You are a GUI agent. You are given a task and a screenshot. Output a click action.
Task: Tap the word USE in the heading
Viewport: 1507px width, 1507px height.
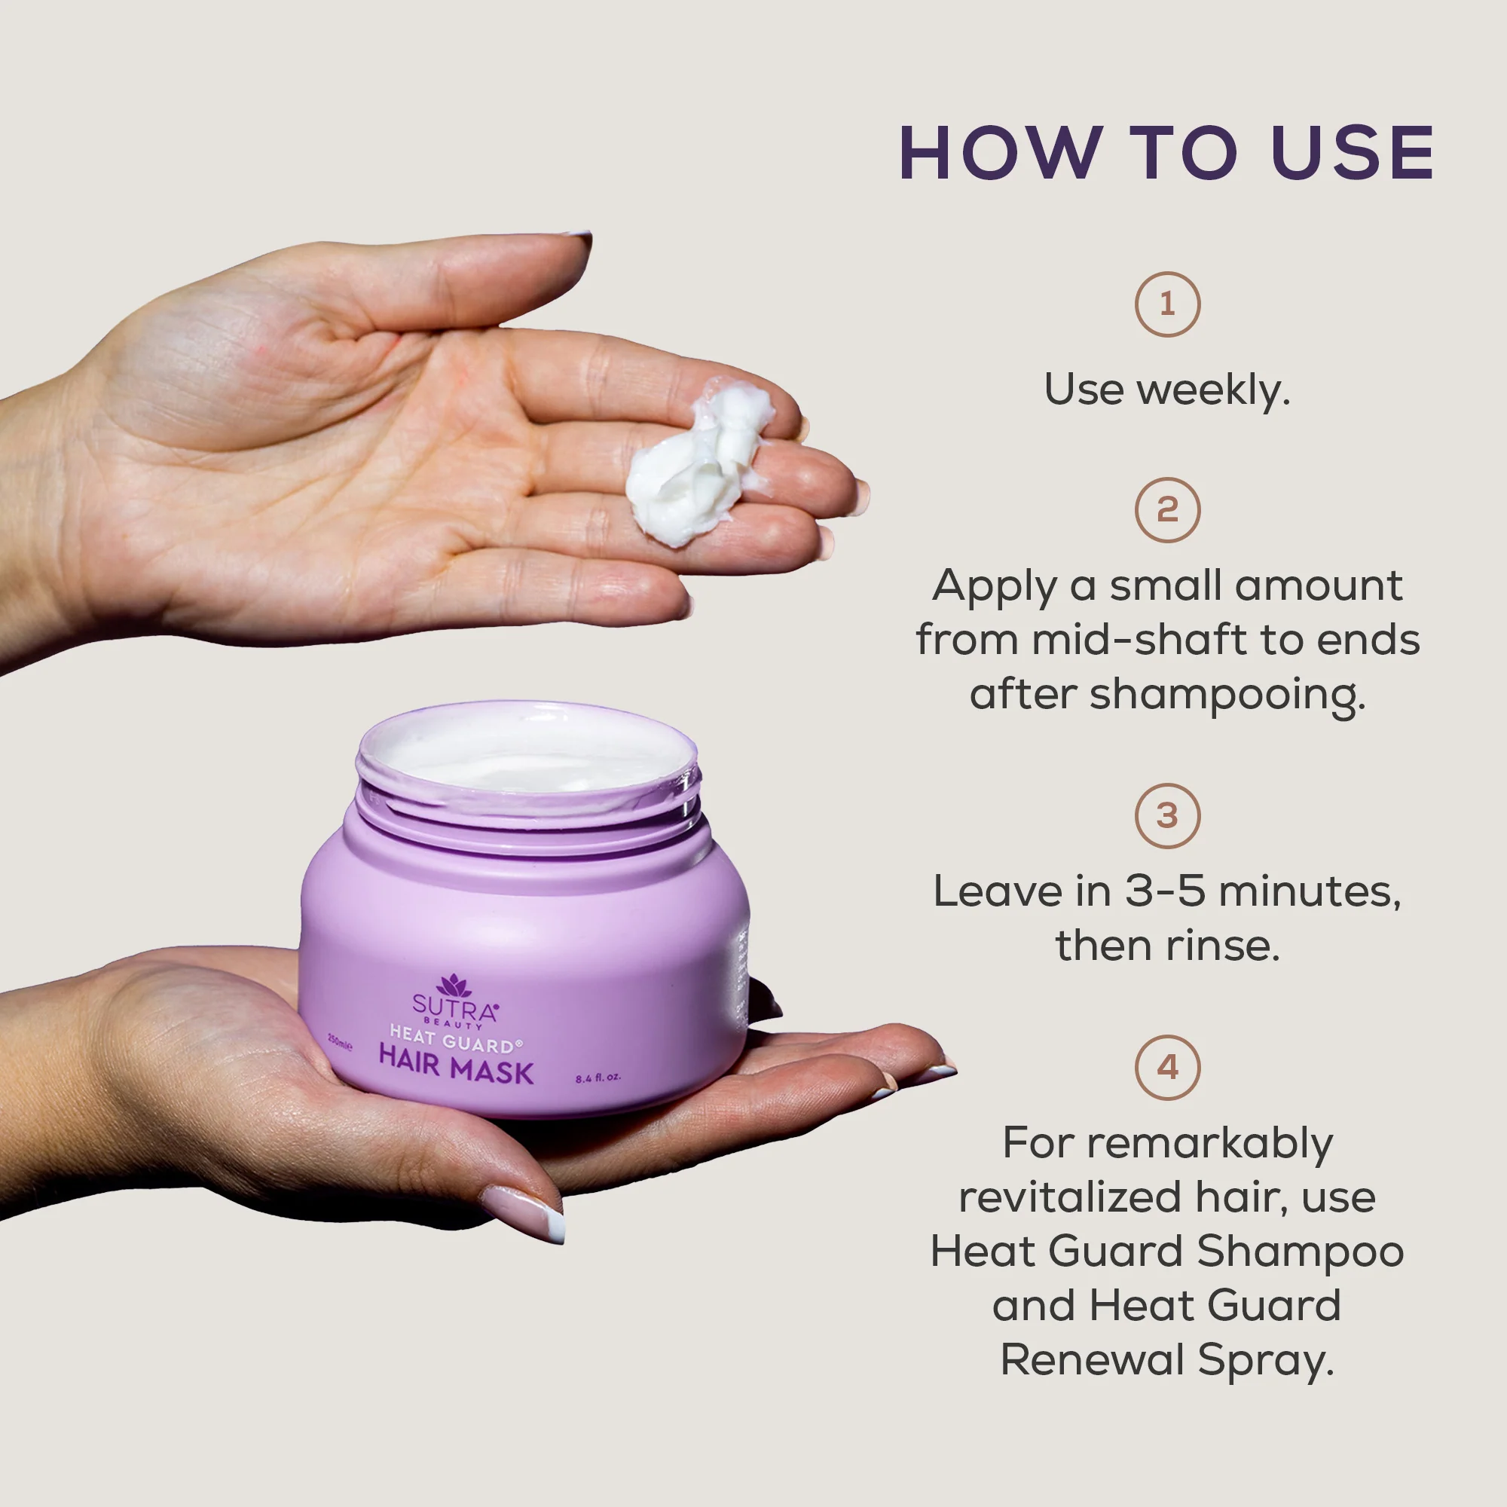click(x=1353, y=153)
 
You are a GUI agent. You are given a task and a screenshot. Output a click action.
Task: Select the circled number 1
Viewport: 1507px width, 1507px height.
click(x=1167, y=304)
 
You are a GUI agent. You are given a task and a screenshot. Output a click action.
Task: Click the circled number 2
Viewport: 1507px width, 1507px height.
click(x=1167, y=510)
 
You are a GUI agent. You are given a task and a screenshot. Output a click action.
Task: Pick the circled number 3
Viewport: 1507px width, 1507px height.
click(x=1167, y=816)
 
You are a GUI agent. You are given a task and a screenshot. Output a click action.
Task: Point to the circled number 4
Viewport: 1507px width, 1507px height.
click(x=1167, y=1067)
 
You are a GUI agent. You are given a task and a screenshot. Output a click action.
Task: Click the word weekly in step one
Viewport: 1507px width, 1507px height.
click(x=1213, y=390)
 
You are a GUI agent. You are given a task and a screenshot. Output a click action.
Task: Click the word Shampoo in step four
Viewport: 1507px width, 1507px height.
click(x=1301, y=1252)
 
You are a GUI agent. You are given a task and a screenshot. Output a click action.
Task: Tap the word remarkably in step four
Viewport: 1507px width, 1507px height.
click(x=1210, y=1145)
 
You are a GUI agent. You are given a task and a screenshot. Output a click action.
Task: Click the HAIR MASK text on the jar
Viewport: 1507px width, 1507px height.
click(x=457, y=1072)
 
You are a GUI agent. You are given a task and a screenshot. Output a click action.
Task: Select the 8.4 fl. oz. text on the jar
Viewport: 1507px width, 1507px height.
click(x=598, y=1078)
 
